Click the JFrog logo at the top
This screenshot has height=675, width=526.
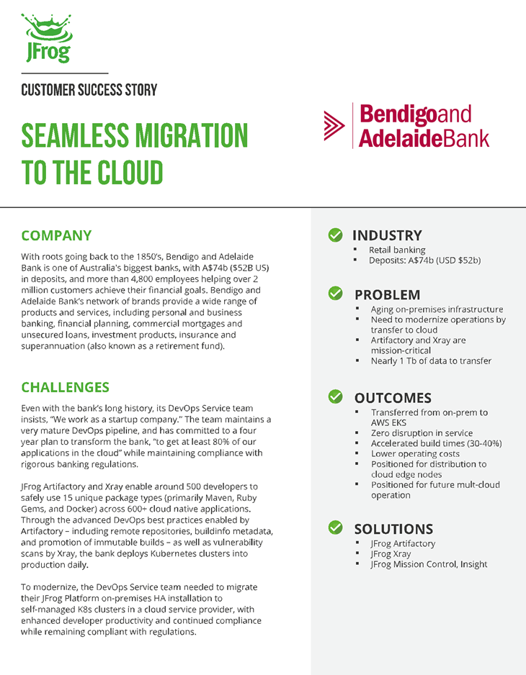tap(45, 37)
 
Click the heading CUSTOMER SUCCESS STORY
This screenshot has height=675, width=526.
tap(89, 90)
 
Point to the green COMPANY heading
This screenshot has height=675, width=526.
tap(56, 235)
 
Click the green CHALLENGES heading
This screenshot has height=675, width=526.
tap(65, 387)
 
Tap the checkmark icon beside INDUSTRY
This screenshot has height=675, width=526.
tap(335, 235)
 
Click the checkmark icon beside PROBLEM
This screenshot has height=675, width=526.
tap(335, 294)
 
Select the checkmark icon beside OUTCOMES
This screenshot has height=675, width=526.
tap(335, 397)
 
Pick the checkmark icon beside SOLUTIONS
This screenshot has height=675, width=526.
tap(335, 528)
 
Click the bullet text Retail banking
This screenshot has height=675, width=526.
tap(397, 250)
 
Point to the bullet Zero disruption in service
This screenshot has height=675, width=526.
tap(422, 433)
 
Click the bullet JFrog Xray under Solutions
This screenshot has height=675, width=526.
tap(391, 554)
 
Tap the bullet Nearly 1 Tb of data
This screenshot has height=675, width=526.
tap(431, 361)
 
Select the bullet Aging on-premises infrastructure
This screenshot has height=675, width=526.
tap(437, 309)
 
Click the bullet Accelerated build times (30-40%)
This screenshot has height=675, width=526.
tap(436, 443)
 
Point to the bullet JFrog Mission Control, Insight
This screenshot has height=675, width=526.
tap(429, 564)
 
